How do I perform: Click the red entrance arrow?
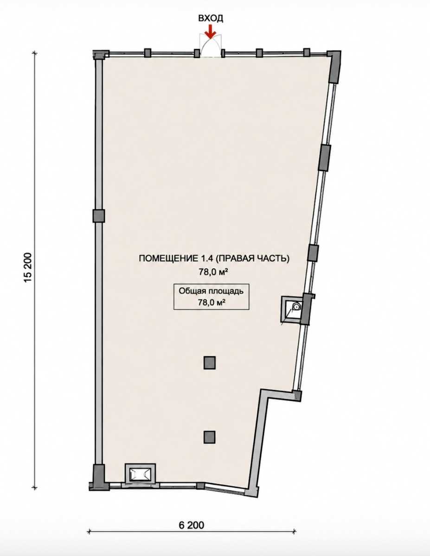pos(211,32)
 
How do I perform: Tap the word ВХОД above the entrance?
pos(211,19)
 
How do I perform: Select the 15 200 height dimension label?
pos(28,268)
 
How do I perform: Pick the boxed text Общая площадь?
pos(211,291)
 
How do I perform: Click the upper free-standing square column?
pos(210,363)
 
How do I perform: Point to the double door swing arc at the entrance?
pos(211,45)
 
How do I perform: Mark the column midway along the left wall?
pos(99,216)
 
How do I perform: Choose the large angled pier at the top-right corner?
pos(334,67)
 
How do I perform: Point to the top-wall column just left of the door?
pos(197,53)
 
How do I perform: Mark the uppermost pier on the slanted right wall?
pos(325,158)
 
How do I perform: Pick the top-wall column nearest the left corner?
pos(148,53)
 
